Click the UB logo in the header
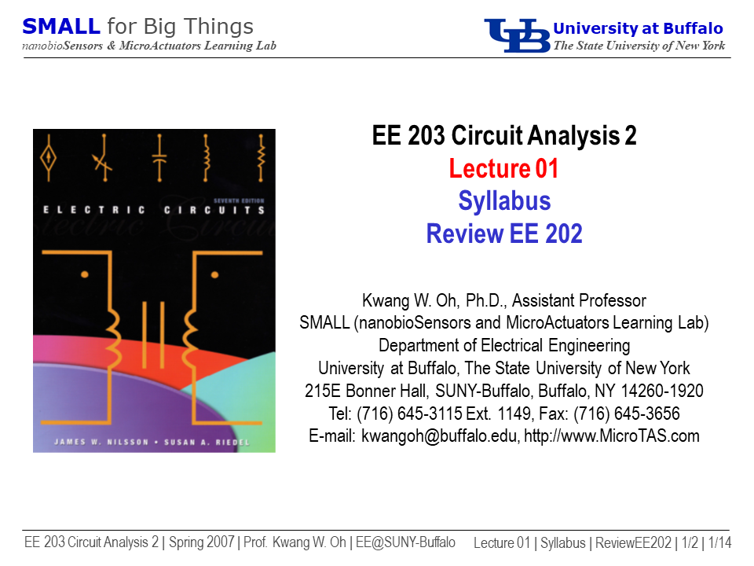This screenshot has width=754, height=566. click(517, 35)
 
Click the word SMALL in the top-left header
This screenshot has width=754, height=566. click(61, 27)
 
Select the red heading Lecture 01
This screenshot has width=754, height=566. click(503, 168)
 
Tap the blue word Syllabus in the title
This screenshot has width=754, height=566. click(504, 201)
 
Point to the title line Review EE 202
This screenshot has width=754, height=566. click(504, 234)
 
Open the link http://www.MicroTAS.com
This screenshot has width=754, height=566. click(612, 436)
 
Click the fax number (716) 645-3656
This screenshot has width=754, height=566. click(627, 413)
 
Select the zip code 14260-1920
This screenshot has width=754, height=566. click(662, 391)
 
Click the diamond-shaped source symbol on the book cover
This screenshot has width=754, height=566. click(48, 158)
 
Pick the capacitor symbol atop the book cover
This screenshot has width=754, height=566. click(159, 158)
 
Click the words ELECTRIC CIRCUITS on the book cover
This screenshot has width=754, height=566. click(154, 210)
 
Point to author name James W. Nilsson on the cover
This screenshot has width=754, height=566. click(101, 442)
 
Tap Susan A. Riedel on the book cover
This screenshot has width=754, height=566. click(207, 442)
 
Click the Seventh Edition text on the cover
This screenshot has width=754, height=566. click(239, 200)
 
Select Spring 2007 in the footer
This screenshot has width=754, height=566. click(202, 542)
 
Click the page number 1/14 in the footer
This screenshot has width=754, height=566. click(719, 542)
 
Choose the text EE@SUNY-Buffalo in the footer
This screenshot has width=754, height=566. click(405, 542)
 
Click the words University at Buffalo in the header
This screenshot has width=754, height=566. click(638, 28)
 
